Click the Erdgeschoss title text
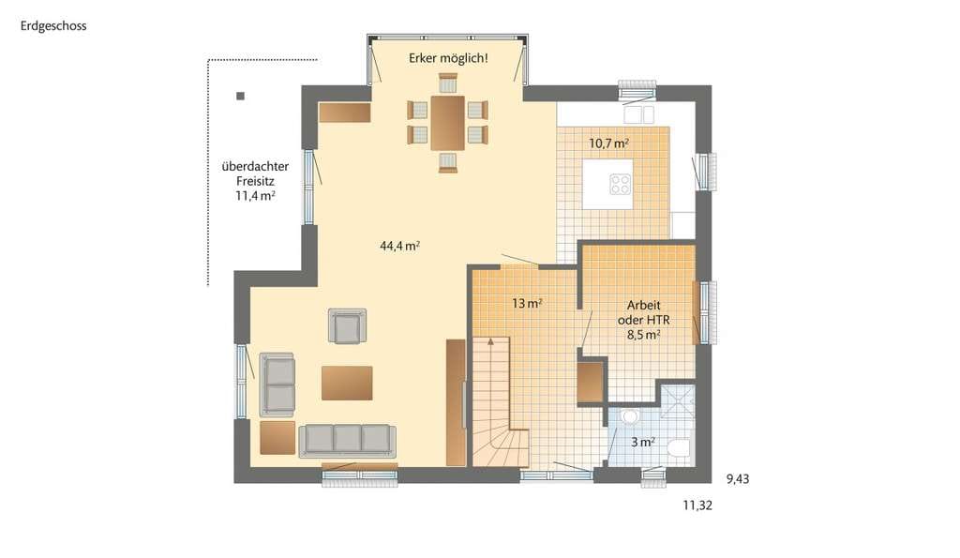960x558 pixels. coord(53,26)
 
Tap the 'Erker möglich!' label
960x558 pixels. coord(448,59)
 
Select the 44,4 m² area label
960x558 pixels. coord(399,246)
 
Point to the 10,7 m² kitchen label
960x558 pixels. coord(608,143)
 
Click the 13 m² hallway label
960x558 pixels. coord(527,303)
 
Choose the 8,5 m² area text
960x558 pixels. coord(643,335)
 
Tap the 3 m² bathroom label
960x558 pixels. coord(643,442)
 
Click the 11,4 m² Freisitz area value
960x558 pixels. coord(255,196)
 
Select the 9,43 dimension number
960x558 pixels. coord(738,479)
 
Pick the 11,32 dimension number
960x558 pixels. coord(697,505)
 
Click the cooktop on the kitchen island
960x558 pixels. coord(621,185)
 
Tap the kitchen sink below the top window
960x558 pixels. coord(638,114)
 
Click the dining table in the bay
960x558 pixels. coord(447,123)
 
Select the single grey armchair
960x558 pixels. coord(347,325)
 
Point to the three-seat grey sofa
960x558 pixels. coord(347,441)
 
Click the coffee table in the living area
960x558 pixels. coord(347,383)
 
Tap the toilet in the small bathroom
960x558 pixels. coord(679,449)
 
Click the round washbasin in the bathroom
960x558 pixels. coord(629,417)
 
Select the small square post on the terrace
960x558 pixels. coord(241,96)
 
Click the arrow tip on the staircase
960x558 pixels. coord(490,340)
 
